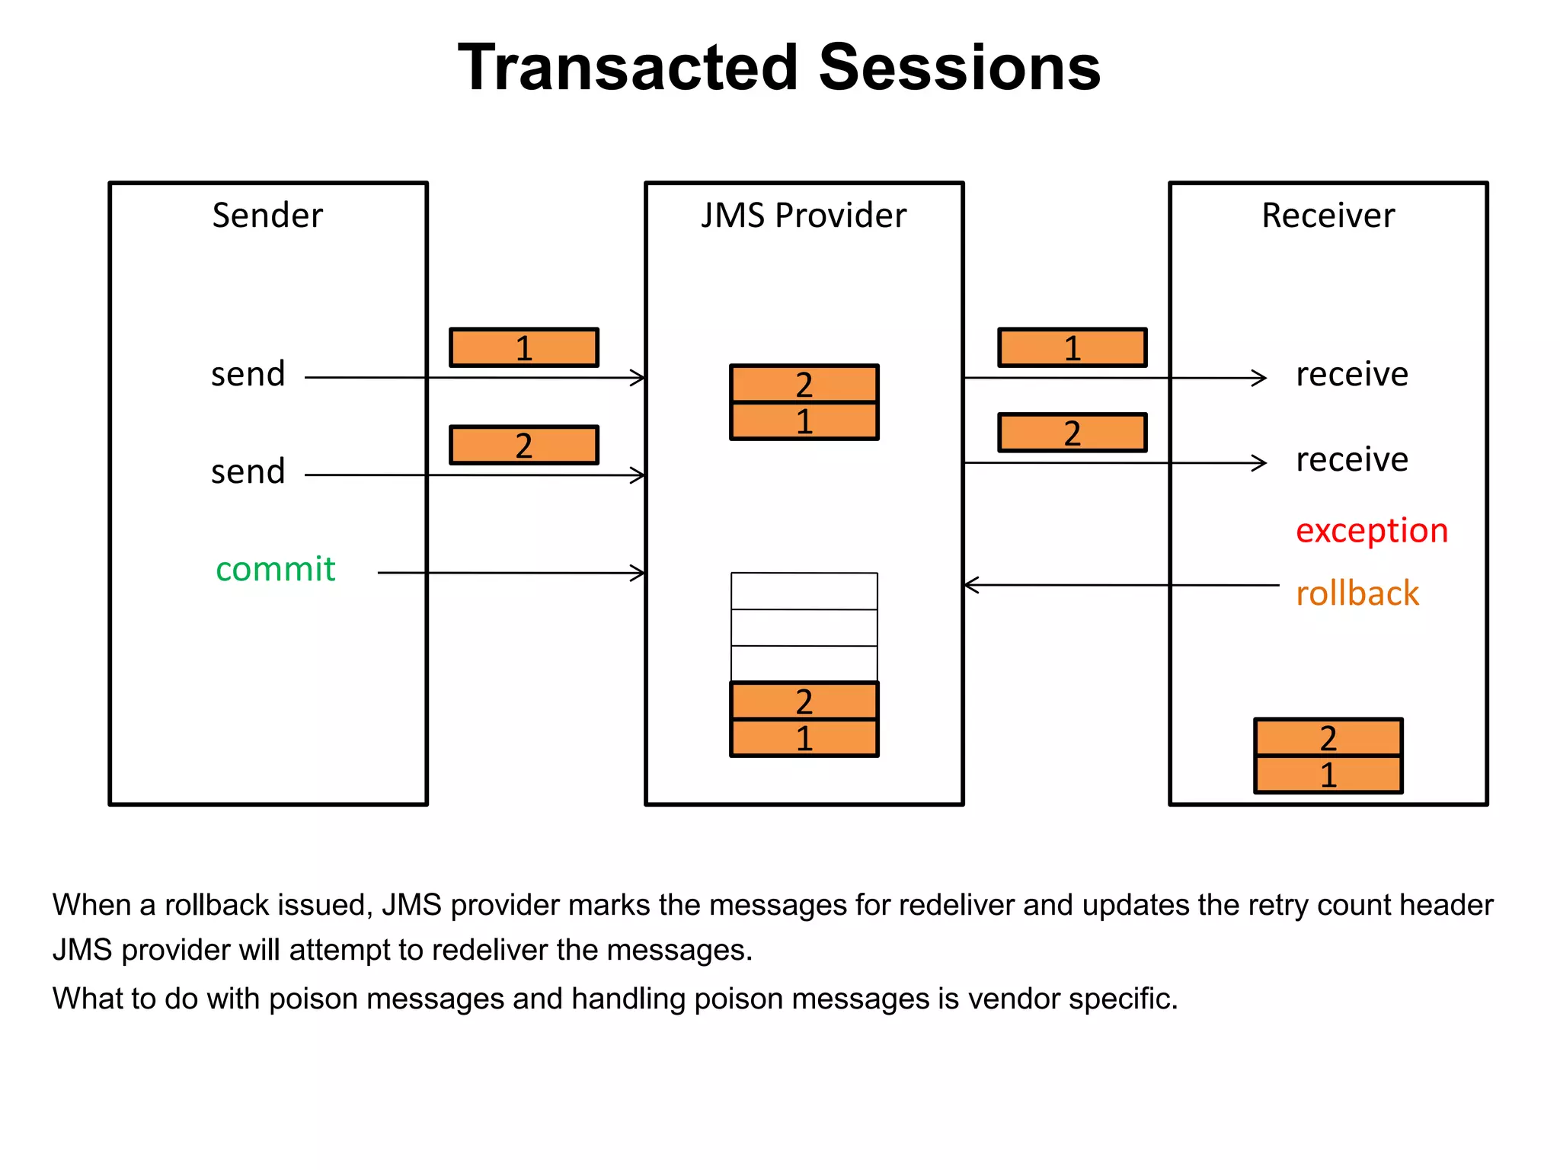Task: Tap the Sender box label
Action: coord(267,216)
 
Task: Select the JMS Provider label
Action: coord(804,216)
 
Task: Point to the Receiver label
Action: coord(1328,216)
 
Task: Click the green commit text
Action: coord(275,569)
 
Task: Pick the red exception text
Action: coord(1371,530)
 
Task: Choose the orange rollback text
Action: coord(1357,593)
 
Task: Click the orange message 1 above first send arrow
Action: coord(523,348)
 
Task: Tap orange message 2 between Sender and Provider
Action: coord(523,446)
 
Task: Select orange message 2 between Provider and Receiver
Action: coord(1072,433)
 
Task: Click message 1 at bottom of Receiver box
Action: coord(1328,775)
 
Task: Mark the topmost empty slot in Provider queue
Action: coord(804,591)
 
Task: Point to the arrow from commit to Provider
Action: coord(510,573)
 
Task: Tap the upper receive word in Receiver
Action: coord(1352,375)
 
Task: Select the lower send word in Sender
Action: coord(248,472)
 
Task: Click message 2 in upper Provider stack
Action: coord(804,385)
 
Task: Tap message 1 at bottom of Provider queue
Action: coord(804,738)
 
